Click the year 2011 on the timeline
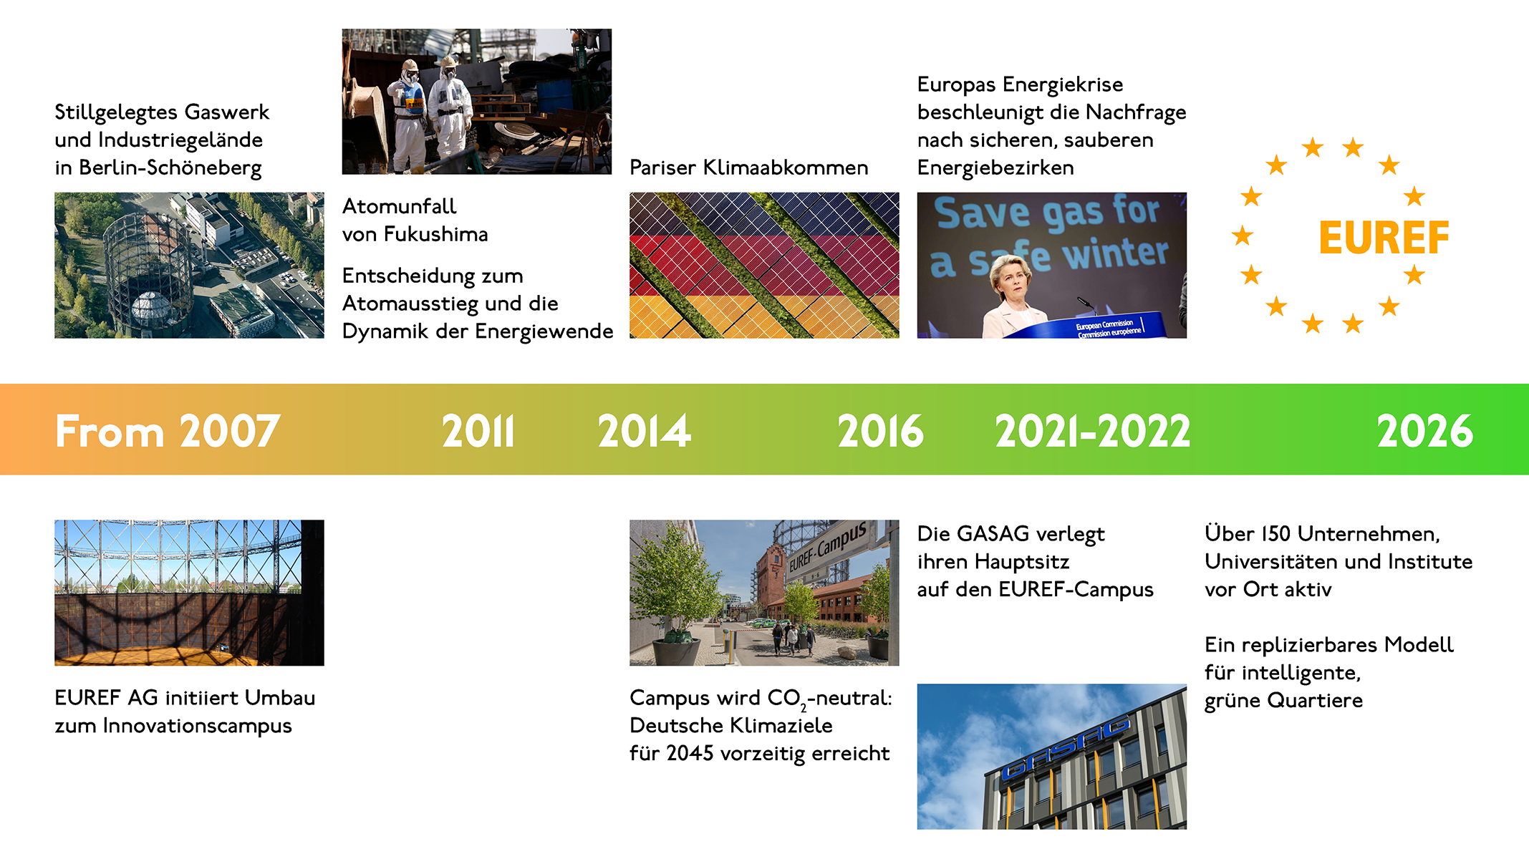point(478,431)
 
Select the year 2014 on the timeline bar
point(645,431)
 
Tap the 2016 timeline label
point(881,431)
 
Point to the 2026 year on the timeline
point(1425,431)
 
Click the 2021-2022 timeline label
point(1093,431)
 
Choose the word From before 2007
point(110,432)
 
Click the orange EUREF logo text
point(1384,238)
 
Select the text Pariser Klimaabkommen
point(748,168)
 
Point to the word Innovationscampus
point(197,727)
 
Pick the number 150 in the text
point(1276,534)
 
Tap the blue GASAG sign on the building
point(1065,749)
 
